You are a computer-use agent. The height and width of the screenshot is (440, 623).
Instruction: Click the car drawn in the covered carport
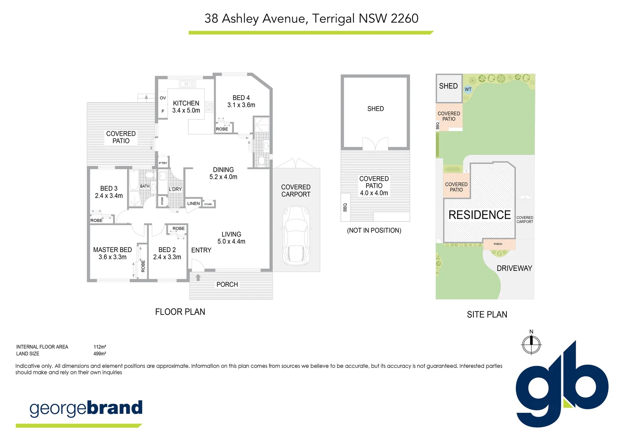click(296, 235)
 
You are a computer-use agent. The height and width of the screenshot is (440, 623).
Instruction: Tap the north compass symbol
click(531, 345)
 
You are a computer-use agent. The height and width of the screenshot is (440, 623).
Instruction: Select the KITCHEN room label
click(186, 103)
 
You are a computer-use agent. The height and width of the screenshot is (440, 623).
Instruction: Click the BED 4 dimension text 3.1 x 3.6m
click(241, 105)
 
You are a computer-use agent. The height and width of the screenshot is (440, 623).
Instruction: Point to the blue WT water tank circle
click(468, 90)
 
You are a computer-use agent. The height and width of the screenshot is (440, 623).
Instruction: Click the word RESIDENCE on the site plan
click(479, 215)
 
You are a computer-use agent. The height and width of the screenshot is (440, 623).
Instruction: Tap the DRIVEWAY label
click(514, 268)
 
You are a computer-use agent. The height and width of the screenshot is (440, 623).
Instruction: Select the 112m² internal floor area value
click(100, 347)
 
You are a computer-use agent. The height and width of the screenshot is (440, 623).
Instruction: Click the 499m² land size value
click(100, 354)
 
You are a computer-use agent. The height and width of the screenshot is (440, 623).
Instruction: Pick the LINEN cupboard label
click(193, 204)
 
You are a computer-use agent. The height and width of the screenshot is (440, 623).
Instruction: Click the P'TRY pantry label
click(163, 163)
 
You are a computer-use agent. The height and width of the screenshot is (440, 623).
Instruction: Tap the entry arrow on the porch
click(198, 277)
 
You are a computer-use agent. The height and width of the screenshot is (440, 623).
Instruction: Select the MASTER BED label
click(113, 250)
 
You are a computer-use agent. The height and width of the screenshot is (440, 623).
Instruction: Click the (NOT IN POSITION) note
click(374, 231)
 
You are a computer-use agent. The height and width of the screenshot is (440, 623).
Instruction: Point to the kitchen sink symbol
click(188, 84)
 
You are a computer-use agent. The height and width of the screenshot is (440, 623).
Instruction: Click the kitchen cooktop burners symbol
click(209, 107)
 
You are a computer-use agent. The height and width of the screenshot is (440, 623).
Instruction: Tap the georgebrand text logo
click(86, 408)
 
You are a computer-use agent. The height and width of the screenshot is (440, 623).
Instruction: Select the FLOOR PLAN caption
click(180, 312)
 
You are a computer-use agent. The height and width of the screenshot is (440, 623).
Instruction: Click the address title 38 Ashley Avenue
click(311, 19)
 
